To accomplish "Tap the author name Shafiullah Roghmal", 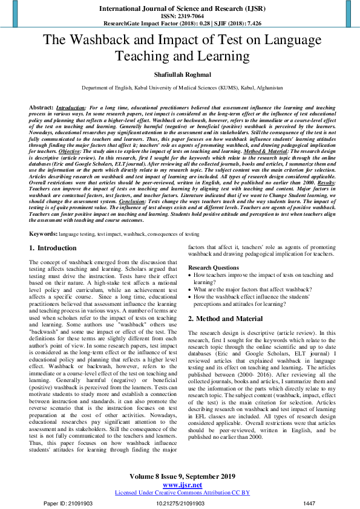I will pos(180,75).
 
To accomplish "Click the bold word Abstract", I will pos(41,106).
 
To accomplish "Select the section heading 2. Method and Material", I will pos(225,318).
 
